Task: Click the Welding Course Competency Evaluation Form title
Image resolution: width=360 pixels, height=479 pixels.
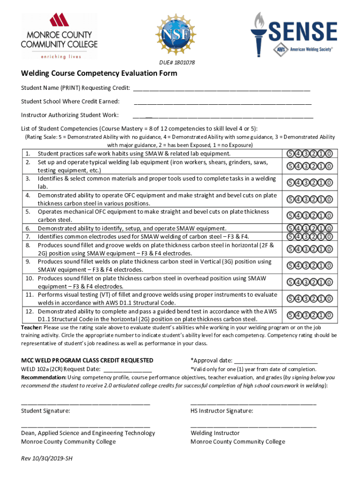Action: point(99,74)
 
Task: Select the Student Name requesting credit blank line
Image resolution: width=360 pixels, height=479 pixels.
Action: point(222,89)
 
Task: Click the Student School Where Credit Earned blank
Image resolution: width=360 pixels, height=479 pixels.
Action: point(223,102)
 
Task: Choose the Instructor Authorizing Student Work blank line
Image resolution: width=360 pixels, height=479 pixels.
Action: point(223,116)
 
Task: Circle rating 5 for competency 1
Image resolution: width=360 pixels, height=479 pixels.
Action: point(290,153)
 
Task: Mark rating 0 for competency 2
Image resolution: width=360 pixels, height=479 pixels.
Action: point(330,166)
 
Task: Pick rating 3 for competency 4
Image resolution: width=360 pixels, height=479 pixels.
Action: point(306,199)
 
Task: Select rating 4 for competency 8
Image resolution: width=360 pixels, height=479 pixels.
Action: point(298,249)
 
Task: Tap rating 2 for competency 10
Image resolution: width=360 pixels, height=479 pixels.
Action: point(314,282)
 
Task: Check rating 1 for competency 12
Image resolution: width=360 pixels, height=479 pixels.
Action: point(322,315)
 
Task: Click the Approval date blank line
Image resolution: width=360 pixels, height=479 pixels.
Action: point(275,361)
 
